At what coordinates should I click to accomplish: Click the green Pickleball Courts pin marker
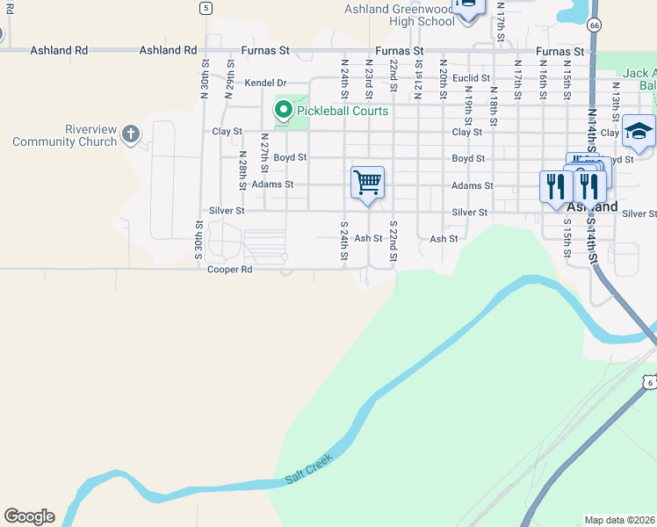[283, 110]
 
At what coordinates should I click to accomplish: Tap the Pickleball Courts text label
[342, 112]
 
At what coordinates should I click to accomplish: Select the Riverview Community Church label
[65, 135]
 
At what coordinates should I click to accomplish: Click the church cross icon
[131, 134]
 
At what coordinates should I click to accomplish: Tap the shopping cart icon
[367, 182]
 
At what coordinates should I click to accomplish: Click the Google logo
[29, 516]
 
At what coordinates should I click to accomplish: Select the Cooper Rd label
[229, 270]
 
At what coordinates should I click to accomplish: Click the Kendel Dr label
[266, 83]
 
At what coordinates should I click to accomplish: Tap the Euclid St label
[471, 78]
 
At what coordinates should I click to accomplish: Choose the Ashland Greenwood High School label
[398, 15]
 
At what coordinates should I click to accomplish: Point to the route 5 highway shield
[205, 8]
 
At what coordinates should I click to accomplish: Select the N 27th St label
[264, 153]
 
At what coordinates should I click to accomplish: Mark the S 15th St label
[567, 238]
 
